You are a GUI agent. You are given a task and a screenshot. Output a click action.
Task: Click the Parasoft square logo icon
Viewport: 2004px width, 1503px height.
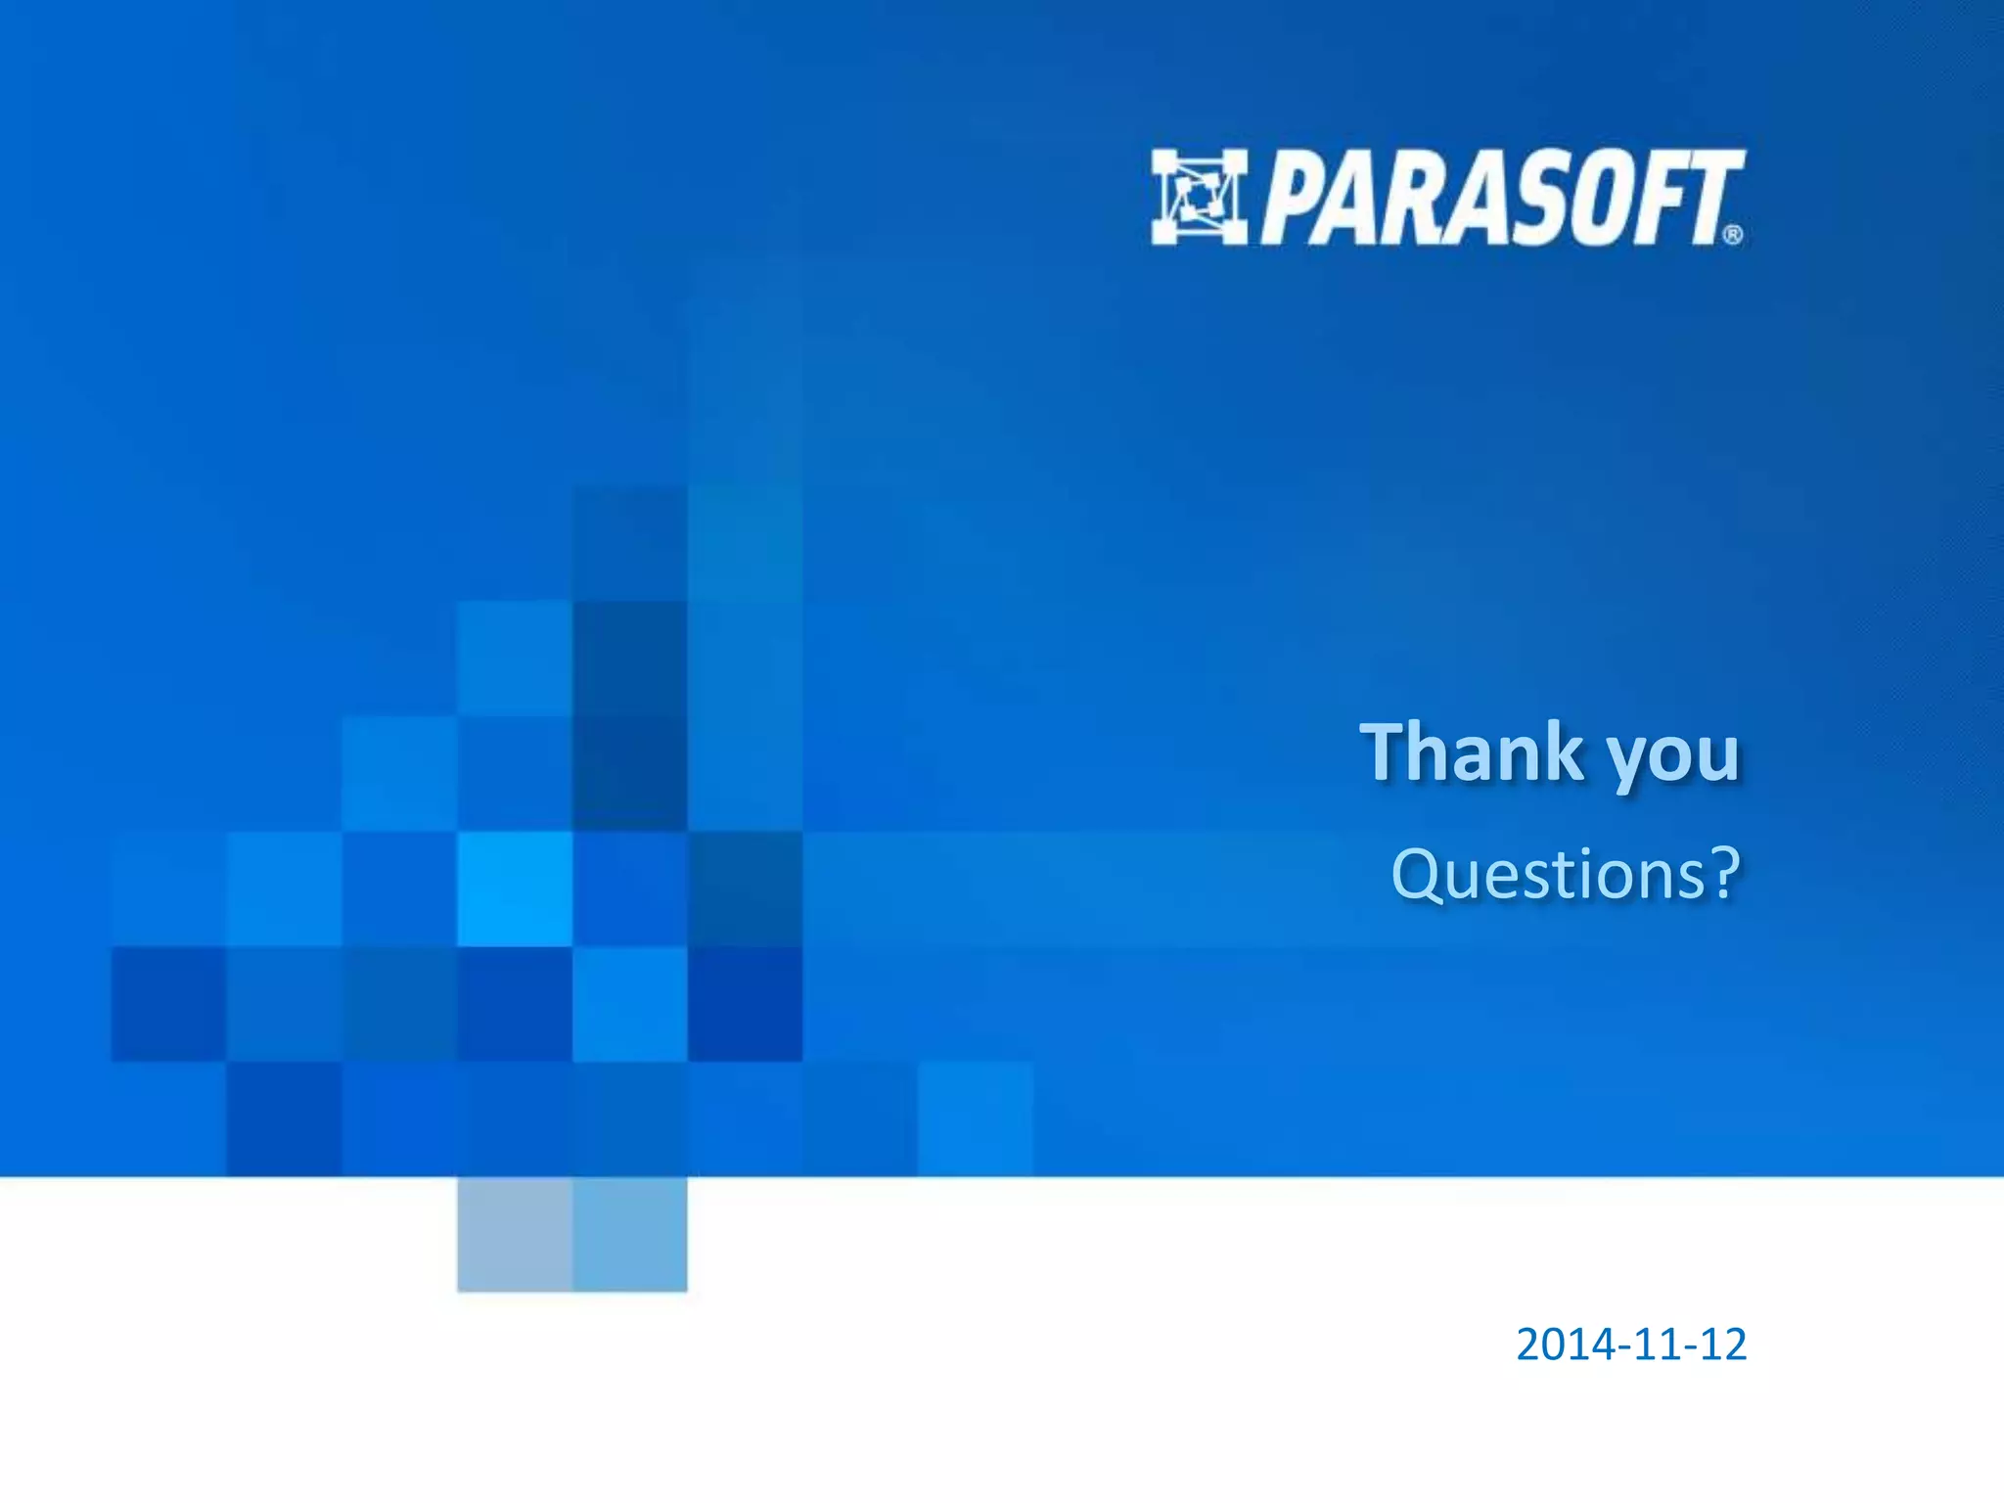[x=1199, y=197]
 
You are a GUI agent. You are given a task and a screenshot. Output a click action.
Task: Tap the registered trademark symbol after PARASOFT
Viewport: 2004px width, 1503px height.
[x=1732, y=235]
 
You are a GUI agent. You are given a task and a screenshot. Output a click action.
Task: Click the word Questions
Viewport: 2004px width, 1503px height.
[x=1546, y=873]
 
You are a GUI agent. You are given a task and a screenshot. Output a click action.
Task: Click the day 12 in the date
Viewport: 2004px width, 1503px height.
[x=1722, y=1344]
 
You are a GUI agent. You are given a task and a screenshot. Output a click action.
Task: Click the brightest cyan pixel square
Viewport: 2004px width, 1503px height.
[x=515, y=888]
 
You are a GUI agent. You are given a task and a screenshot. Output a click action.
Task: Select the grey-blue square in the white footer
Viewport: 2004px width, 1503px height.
[x=515, y=1234]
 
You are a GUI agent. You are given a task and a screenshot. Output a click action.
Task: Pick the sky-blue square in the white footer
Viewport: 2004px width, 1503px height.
[x=630, y=1234]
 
